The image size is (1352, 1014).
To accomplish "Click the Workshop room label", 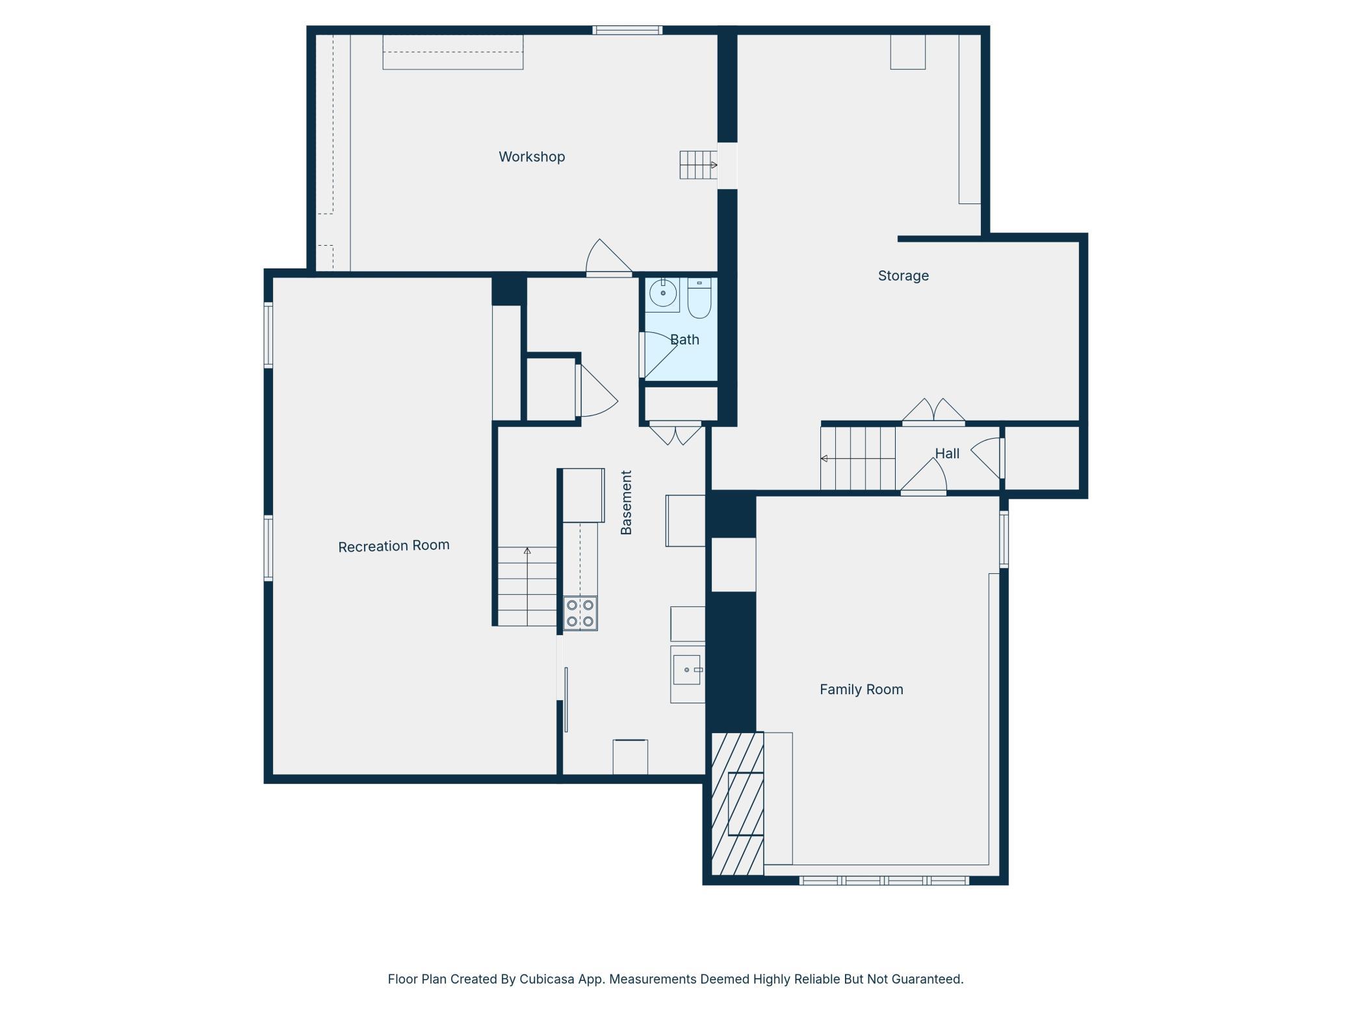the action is click(x=532, y=157).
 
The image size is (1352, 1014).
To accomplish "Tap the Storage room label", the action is click(x=903, y=276).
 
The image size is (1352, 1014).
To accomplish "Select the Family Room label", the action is click(x=861, y=689).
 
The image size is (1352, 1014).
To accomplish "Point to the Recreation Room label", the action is click(x=394, y=546).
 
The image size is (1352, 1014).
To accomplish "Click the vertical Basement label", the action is click(x=626, y=502).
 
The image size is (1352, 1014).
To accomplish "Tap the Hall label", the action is click(x=947, y=454).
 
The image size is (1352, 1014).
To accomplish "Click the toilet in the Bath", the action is click(x=699, y=298).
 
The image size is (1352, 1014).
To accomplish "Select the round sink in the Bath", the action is click(x=663, y=294).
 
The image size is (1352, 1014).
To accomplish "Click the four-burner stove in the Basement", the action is click(x=580, y=613).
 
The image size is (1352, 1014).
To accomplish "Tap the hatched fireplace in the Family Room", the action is click(x=738, y=803).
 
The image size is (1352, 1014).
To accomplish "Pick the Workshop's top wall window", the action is click(x=627, y=30).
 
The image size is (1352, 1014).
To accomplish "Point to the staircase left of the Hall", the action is click(x=858, y=458).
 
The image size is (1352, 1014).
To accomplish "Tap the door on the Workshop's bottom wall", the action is click(x=609, y=259).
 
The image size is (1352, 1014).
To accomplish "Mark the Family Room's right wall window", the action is click(x=1004, y=539).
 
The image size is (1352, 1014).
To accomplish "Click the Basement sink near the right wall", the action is click(x=687, y=670).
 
